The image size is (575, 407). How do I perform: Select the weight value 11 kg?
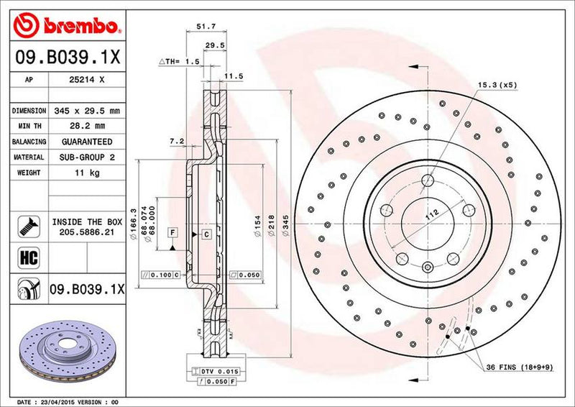pyautogui.click(x=89, y=173)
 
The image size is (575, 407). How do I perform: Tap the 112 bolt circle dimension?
pyautogui.click(x=431, y=214)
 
